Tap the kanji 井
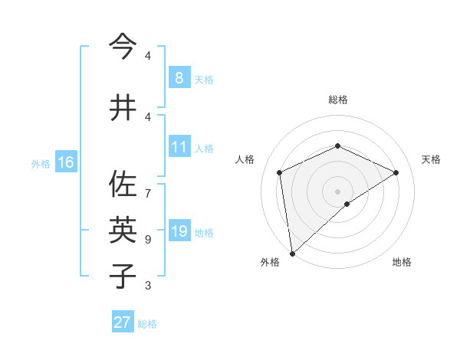click(123, 108)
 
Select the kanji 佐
click(123, 185)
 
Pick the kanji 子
click(123, 275)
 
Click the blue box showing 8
click(179, 78)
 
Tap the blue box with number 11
click(179, 147)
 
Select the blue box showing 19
click(179, 231)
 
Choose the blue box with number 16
click(66, 162)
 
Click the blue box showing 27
click(123, 322)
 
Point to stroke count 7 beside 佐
click(148, 186)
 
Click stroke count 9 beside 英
click(148, 240)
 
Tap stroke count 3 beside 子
click(148, 286)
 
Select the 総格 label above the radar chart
click(337, 100)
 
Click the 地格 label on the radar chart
click(402, 262)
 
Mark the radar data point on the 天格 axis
click(396, 172)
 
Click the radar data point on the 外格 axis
click(292, 253)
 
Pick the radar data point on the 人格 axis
click(280, 172)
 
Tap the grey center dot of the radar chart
click(337, 191)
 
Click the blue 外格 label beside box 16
click(40, 163)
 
